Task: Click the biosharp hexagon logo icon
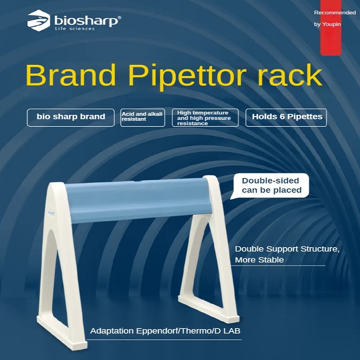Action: pyautogui.click(x=39, y=20)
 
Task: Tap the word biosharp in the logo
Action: pyautogui.click(x=86, y=21)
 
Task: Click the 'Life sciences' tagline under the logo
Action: pyautogui.click(x=75, y=29)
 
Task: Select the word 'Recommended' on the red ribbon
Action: pyautogui.click(x=335, y=13)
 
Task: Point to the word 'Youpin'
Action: pyautogui.click(x=331, y=24)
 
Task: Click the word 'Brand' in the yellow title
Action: pyautogui.click(x=71, y=75)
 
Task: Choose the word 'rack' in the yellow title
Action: pyautogui.click(x=289, y=75)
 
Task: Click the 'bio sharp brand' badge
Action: pyautogui.click(x=71, y=117)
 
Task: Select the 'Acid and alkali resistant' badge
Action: pyautogui.click(x=143, y=117)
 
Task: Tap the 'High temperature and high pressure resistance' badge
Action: pyautogui.click(x=205, y=117)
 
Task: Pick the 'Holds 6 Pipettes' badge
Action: pyautogui.click(x=286, y=117)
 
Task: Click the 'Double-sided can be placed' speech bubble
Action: pyautogui.click(x=271, y=185)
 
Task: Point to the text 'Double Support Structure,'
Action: pyautogui.click(x=287, y=249)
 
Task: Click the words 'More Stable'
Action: pyautogui.click(x=259, y=260)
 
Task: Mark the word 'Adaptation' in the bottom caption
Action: pyautogui.click(x=112, y=331)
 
